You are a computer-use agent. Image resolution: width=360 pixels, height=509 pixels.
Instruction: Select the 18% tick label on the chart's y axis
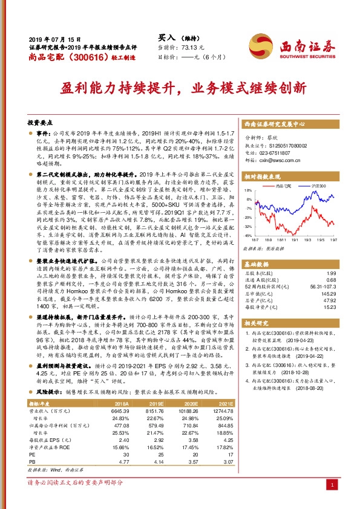[x=248, y=196]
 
